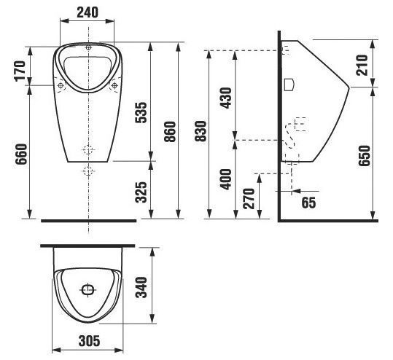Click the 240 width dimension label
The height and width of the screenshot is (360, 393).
tap(87, 12)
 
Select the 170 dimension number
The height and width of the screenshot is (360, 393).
tap(20, 71)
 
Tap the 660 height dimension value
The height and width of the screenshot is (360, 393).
tap(21, 154)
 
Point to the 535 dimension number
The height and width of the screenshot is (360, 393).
tap(141, 112)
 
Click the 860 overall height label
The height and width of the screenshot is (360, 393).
tap(170, 132)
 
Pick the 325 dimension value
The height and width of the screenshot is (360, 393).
tap(141, 192)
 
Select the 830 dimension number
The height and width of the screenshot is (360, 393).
tap(201, 131)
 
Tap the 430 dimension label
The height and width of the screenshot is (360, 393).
tap(226, 98)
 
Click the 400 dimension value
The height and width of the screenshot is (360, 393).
tap(226, 179)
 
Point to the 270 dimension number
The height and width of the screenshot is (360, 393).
tap(249, 199)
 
